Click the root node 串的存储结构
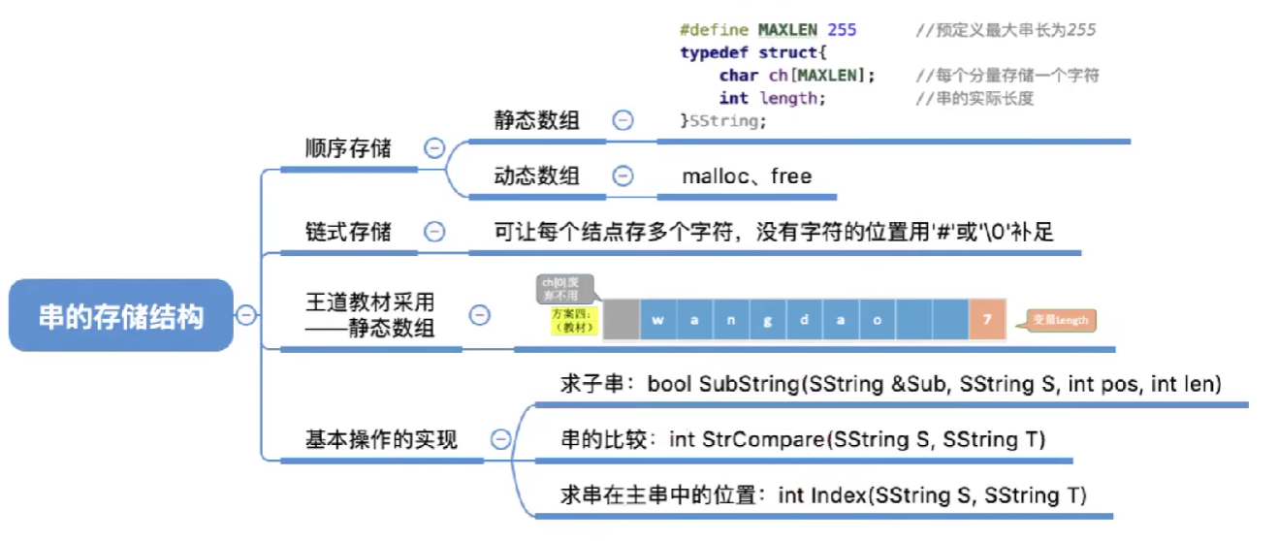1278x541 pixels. (x=121, y=316)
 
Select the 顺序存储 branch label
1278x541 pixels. (x=348, y=148)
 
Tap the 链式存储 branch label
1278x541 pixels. (x=348, y=232)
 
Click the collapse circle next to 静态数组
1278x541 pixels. (x=623, y=120)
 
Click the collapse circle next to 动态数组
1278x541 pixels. (x=623, y=176)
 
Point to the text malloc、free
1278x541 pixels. (x=747, y=176)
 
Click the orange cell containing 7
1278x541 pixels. (x=987, y=320)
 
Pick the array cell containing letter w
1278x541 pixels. (x=657, y=320)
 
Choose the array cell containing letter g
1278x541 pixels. (x=767, y=320)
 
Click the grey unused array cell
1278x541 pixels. (x=621, y=320)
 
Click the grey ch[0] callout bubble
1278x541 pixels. (x=564, y=287)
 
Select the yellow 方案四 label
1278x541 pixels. (x=572, y=321)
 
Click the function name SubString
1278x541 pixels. (x=750, y=384)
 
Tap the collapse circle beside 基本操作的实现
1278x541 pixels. (x=501, y=440)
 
